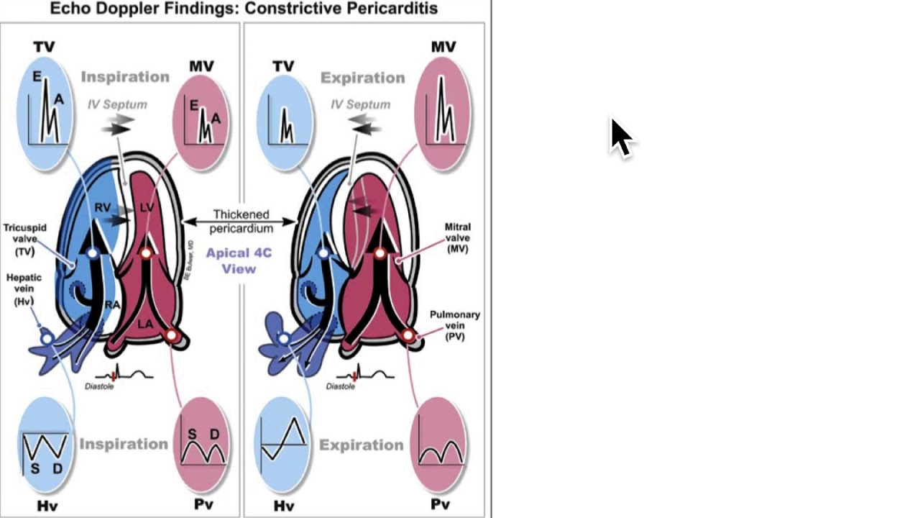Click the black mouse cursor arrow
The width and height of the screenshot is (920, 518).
620,137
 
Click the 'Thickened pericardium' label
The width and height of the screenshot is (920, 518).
241,222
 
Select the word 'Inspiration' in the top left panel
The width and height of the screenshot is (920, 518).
125,77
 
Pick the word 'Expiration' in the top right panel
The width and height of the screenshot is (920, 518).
362,78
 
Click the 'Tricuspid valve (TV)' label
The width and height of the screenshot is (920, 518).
25,240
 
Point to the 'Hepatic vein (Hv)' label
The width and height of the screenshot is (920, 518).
24,289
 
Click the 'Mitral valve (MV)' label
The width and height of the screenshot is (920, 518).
458,237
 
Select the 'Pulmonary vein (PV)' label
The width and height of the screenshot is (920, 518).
455,325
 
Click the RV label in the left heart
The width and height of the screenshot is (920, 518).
103,208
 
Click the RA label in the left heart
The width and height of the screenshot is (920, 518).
112,305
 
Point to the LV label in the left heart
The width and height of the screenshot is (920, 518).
147,208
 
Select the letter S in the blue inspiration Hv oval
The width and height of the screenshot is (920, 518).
34,469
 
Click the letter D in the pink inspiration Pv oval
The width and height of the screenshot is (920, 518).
214,435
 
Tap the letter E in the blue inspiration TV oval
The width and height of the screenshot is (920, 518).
37,76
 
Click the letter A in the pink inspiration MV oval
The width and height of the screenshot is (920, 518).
216,119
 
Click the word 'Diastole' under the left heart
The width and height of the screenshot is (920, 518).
99,386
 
